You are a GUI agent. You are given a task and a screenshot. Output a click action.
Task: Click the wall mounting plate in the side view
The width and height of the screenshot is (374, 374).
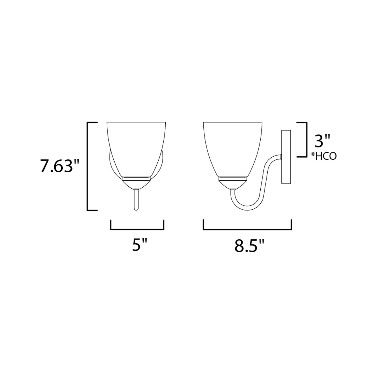coord(286,157)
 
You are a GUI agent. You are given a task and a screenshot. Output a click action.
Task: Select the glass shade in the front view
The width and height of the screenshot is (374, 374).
coord(136,149)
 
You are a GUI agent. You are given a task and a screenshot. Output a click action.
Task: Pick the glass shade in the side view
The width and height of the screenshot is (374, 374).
coord(233,149)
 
